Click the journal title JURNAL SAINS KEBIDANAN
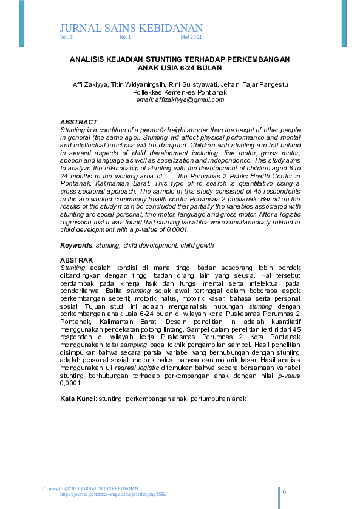(x=131, y=28)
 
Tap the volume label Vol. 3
(x=66, y=38)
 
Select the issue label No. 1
(x=125, y=38)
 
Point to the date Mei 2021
(x=191, y=38)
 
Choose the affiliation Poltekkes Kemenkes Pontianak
(x=180, y=92)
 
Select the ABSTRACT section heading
(x=78, y=123)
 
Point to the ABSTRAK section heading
(x=76, y=260)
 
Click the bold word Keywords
(x=76, y=245)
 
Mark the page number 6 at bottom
(x=284, y=491)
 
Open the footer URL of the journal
(x=113, y=494)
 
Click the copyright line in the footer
(x=90, y=488)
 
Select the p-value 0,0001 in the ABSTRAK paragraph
(x=71, y=383)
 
